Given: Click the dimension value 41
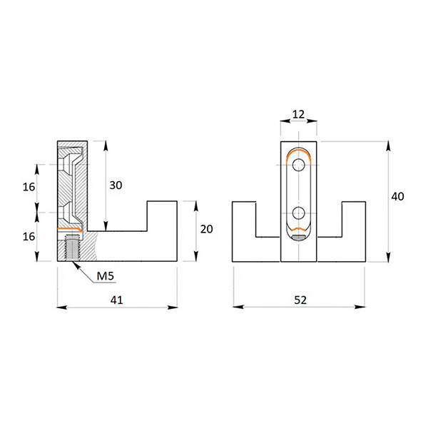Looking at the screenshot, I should click(x=117, y=301).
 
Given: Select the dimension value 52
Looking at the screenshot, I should click(x=300, y=301).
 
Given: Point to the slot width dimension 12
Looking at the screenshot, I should click(x=299, y=113).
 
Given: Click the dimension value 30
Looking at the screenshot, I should click(x=116, y=185).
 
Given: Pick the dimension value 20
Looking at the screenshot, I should click(x=207, y=229).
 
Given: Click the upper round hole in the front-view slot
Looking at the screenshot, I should click(x=299, y=165).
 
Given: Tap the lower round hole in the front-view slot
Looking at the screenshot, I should click(x=299, y=212).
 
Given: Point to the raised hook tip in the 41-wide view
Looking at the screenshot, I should click(x=162, y=214).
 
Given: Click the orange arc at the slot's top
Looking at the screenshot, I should click(x=299, y=153).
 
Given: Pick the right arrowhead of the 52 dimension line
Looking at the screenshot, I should click(x=363, y=308).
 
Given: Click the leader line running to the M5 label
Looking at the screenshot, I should click(x=83, y=270).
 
